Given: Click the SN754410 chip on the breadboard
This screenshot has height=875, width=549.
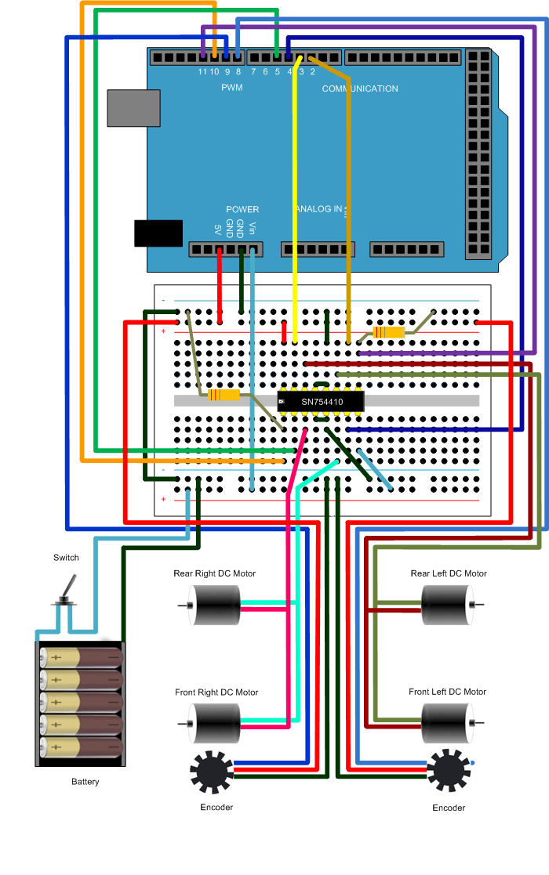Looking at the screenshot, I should (321, 402).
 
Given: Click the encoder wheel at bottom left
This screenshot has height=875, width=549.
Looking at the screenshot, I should (212, 772).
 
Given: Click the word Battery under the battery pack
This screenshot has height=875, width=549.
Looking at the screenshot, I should (85, 782).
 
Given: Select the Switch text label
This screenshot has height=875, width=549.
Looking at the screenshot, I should (66, 558).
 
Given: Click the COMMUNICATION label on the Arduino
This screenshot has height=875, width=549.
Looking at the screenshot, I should (360, 89).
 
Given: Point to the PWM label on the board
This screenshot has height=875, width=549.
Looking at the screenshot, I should (232, 88).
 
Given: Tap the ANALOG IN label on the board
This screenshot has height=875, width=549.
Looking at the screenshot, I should (319, 209).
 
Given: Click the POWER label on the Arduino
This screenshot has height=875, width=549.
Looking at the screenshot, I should (242, 209).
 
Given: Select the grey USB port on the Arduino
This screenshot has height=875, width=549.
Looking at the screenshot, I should (133, 107).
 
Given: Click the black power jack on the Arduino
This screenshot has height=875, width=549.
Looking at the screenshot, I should (158, 233).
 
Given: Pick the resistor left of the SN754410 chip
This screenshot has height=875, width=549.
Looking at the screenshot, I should (224, 395).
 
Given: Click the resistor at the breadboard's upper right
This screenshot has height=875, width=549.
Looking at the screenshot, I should (389, 332).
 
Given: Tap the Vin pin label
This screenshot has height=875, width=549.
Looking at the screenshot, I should (253, 229).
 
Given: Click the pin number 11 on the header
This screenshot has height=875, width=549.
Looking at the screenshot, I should (202, 71).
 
